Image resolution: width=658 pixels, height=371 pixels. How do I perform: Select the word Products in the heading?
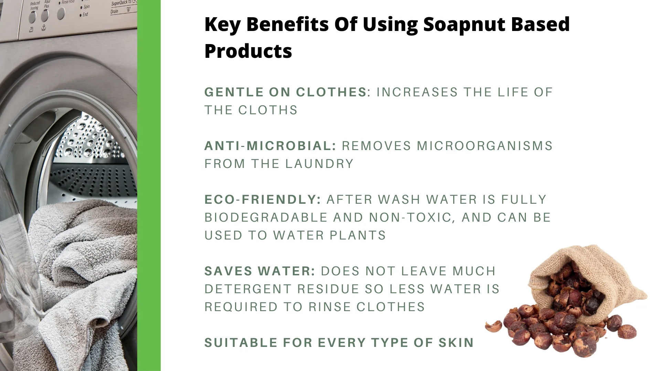coord(248,51)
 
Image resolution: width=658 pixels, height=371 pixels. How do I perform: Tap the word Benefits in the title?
coord(287,24)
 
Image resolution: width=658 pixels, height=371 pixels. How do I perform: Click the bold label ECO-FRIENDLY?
coord(263,200)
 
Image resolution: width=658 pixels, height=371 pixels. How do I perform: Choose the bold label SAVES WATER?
coord(260,271)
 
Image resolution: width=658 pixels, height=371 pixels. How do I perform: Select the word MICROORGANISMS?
coord(485,146)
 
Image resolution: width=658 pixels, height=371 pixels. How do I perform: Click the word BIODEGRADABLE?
coord(266,218)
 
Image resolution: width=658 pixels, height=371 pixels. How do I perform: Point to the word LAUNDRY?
coord(319,164)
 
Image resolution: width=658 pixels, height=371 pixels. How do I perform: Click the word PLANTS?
coord(358,235)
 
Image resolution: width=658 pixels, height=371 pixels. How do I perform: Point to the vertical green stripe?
coord(149,185)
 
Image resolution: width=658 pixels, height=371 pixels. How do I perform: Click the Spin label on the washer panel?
coord(86,7)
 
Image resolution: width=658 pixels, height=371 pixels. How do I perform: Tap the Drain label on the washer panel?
coord(115,11)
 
